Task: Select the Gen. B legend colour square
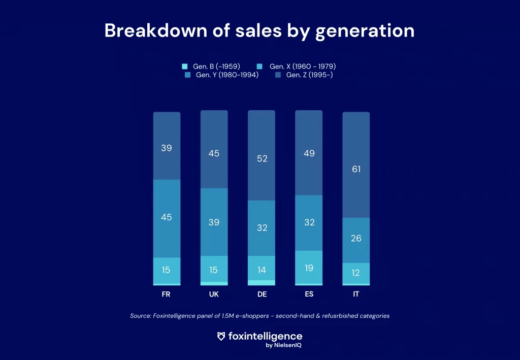(185, 67)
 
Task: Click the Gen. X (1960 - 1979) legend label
(303, 67)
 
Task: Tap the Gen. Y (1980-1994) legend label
(227, 75)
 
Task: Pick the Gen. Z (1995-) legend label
(309, 75)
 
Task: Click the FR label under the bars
(166, 294)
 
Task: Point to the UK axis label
(214, 294)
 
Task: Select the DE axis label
(262, 294)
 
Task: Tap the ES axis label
(309, 294)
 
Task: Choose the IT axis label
(356, 294)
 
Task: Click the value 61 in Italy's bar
(356, 169)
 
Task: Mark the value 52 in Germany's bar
(262, 158)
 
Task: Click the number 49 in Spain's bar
(309, 153)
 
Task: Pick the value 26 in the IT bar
(356, 238)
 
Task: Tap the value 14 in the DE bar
(262, 270)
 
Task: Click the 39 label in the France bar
(167, 148)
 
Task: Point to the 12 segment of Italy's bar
(355, 273)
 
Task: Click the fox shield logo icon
(221, 336)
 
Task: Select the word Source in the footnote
(141, 316)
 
